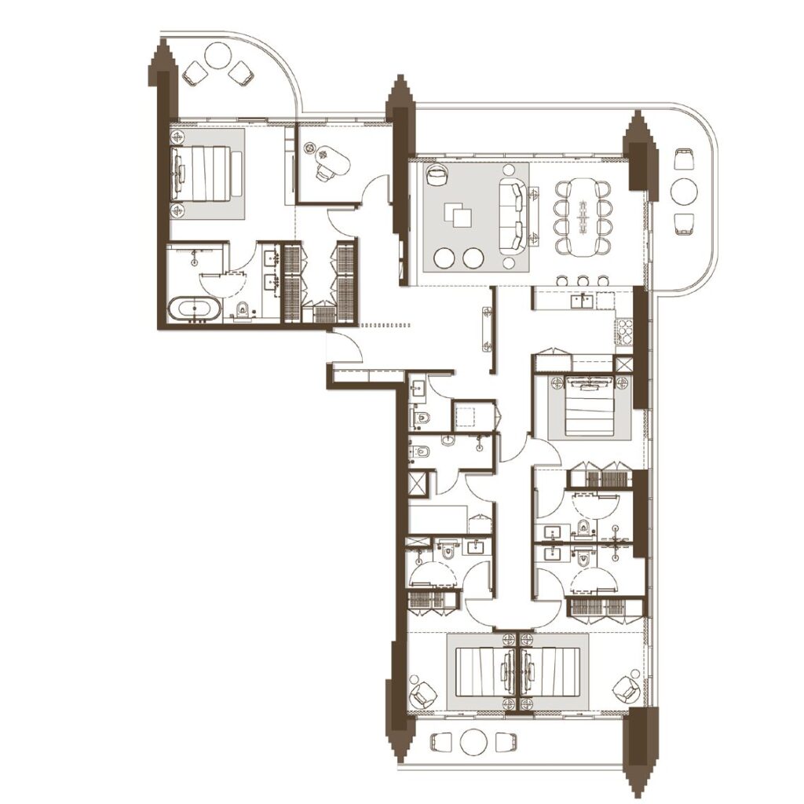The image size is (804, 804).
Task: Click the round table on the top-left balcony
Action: coord(217,57)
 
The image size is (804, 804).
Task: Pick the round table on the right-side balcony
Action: coord(685,191)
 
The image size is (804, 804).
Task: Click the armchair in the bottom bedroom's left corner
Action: coord(424,692)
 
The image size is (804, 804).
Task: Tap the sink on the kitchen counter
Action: coord(585,299)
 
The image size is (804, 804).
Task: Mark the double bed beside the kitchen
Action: coord(588,404)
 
